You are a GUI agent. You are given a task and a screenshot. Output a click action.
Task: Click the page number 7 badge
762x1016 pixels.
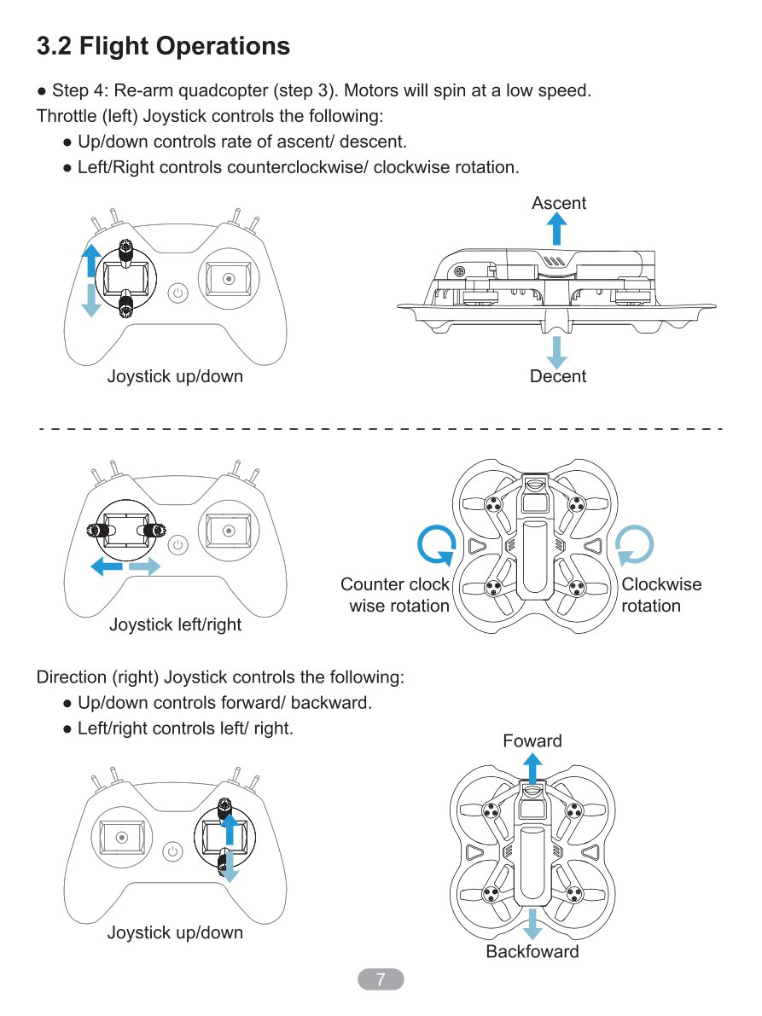click(381, 979)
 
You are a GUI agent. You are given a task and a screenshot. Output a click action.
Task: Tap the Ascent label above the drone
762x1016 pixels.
click(559, 203)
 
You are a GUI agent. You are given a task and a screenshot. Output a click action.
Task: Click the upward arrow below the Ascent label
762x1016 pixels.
click(556, 229)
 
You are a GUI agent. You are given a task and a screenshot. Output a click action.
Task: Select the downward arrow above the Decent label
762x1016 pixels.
click(556, 351)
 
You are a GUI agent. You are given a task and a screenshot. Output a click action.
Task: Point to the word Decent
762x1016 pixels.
click(558, 376)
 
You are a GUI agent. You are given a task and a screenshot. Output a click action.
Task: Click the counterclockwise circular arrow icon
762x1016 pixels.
click(436, 546)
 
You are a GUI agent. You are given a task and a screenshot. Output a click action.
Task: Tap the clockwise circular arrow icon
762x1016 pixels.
click(634, 545)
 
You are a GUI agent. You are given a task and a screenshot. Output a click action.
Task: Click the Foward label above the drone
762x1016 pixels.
click(532, 740)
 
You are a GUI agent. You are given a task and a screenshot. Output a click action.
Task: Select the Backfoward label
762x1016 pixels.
click(532, 951)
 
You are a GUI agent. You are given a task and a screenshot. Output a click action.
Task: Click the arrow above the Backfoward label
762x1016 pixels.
click(532, 925)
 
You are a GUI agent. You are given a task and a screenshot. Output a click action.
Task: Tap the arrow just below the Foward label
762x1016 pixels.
click(532, 769)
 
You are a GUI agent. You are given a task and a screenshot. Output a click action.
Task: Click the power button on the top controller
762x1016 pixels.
click(177, 293)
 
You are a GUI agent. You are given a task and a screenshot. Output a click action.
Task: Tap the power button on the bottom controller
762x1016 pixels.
click(172, 851)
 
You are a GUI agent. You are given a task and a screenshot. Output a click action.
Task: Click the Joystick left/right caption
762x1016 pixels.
click(175, 624)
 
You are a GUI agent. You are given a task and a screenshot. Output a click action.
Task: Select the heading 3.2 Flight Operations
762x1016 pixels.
click(163, 46)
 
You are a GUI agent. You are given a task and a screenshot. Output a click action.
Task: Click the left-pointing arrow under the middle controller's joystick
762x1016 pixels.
click(107, 567)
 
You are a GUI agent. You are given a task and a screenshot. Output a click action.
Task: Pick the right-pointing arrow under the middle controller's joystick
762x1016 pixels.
click(144, 567)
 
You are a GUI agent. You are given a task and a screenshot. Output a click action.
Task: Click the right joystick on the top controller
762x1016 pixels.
click(228, 279)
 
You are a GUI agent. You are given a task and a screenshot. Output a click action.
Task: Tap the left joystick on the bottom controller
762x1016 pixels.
click(122, 838)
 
